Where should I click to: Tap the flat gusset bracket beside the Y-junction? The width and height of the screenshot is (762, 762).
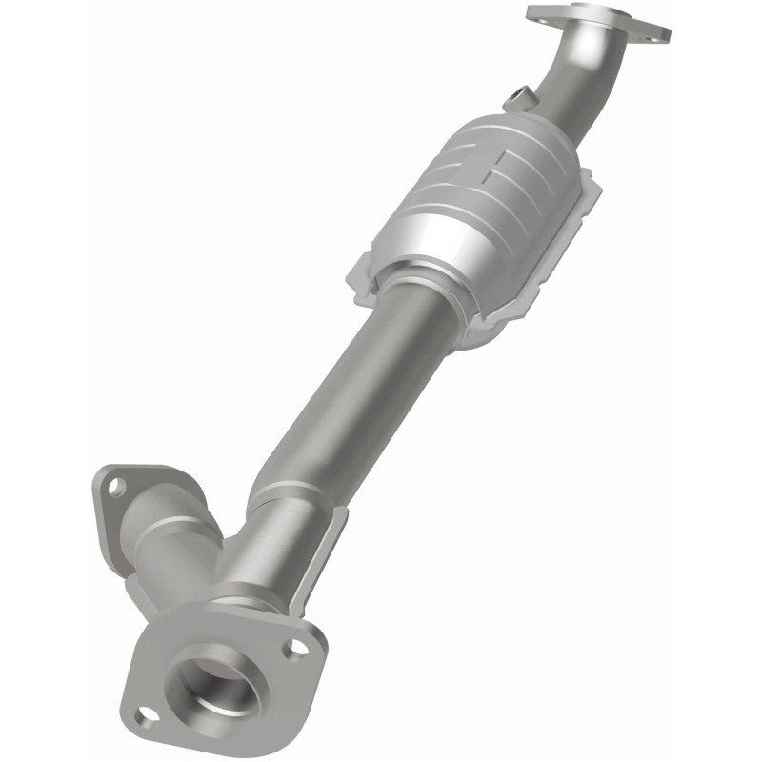pos(319,562)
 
